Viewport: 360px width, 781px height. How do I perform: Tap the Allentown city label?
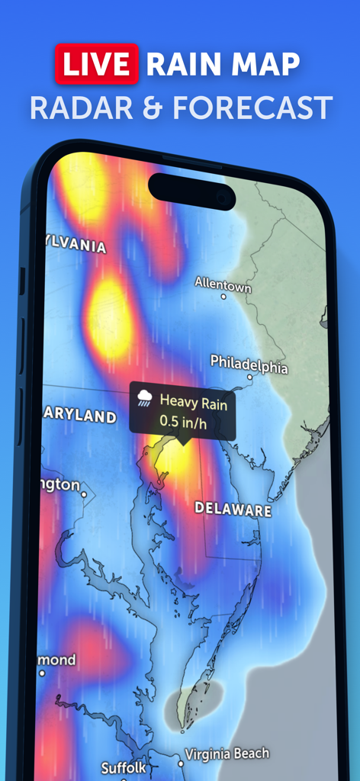click(223, 283)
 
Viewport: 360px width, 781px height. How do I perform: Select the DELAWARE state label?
click(233, 509)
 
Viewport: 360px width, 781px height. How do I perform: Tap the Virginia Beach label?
click(227, 754)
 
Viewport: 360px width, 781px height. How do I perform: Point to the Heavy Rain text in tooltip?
click(193, 402)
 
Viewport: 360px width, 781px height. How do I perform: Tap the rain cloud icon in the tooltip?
click(144, 398)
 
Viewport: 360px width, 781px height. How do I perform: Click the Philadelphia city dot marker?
click(249, 377)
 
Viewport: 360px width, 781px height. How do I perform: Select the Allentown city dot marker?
click(223, 296)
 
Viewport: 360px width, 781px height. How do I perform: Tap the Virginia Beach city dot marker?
click(181, 761)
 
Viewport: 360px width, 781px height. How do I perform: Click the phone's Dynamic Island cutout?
click(192, 191)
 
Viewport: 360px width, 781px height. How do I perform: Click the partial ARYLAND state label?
click(81, 417)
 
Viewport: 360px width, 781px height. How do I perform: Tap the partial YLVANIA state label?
click(75, 246)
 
